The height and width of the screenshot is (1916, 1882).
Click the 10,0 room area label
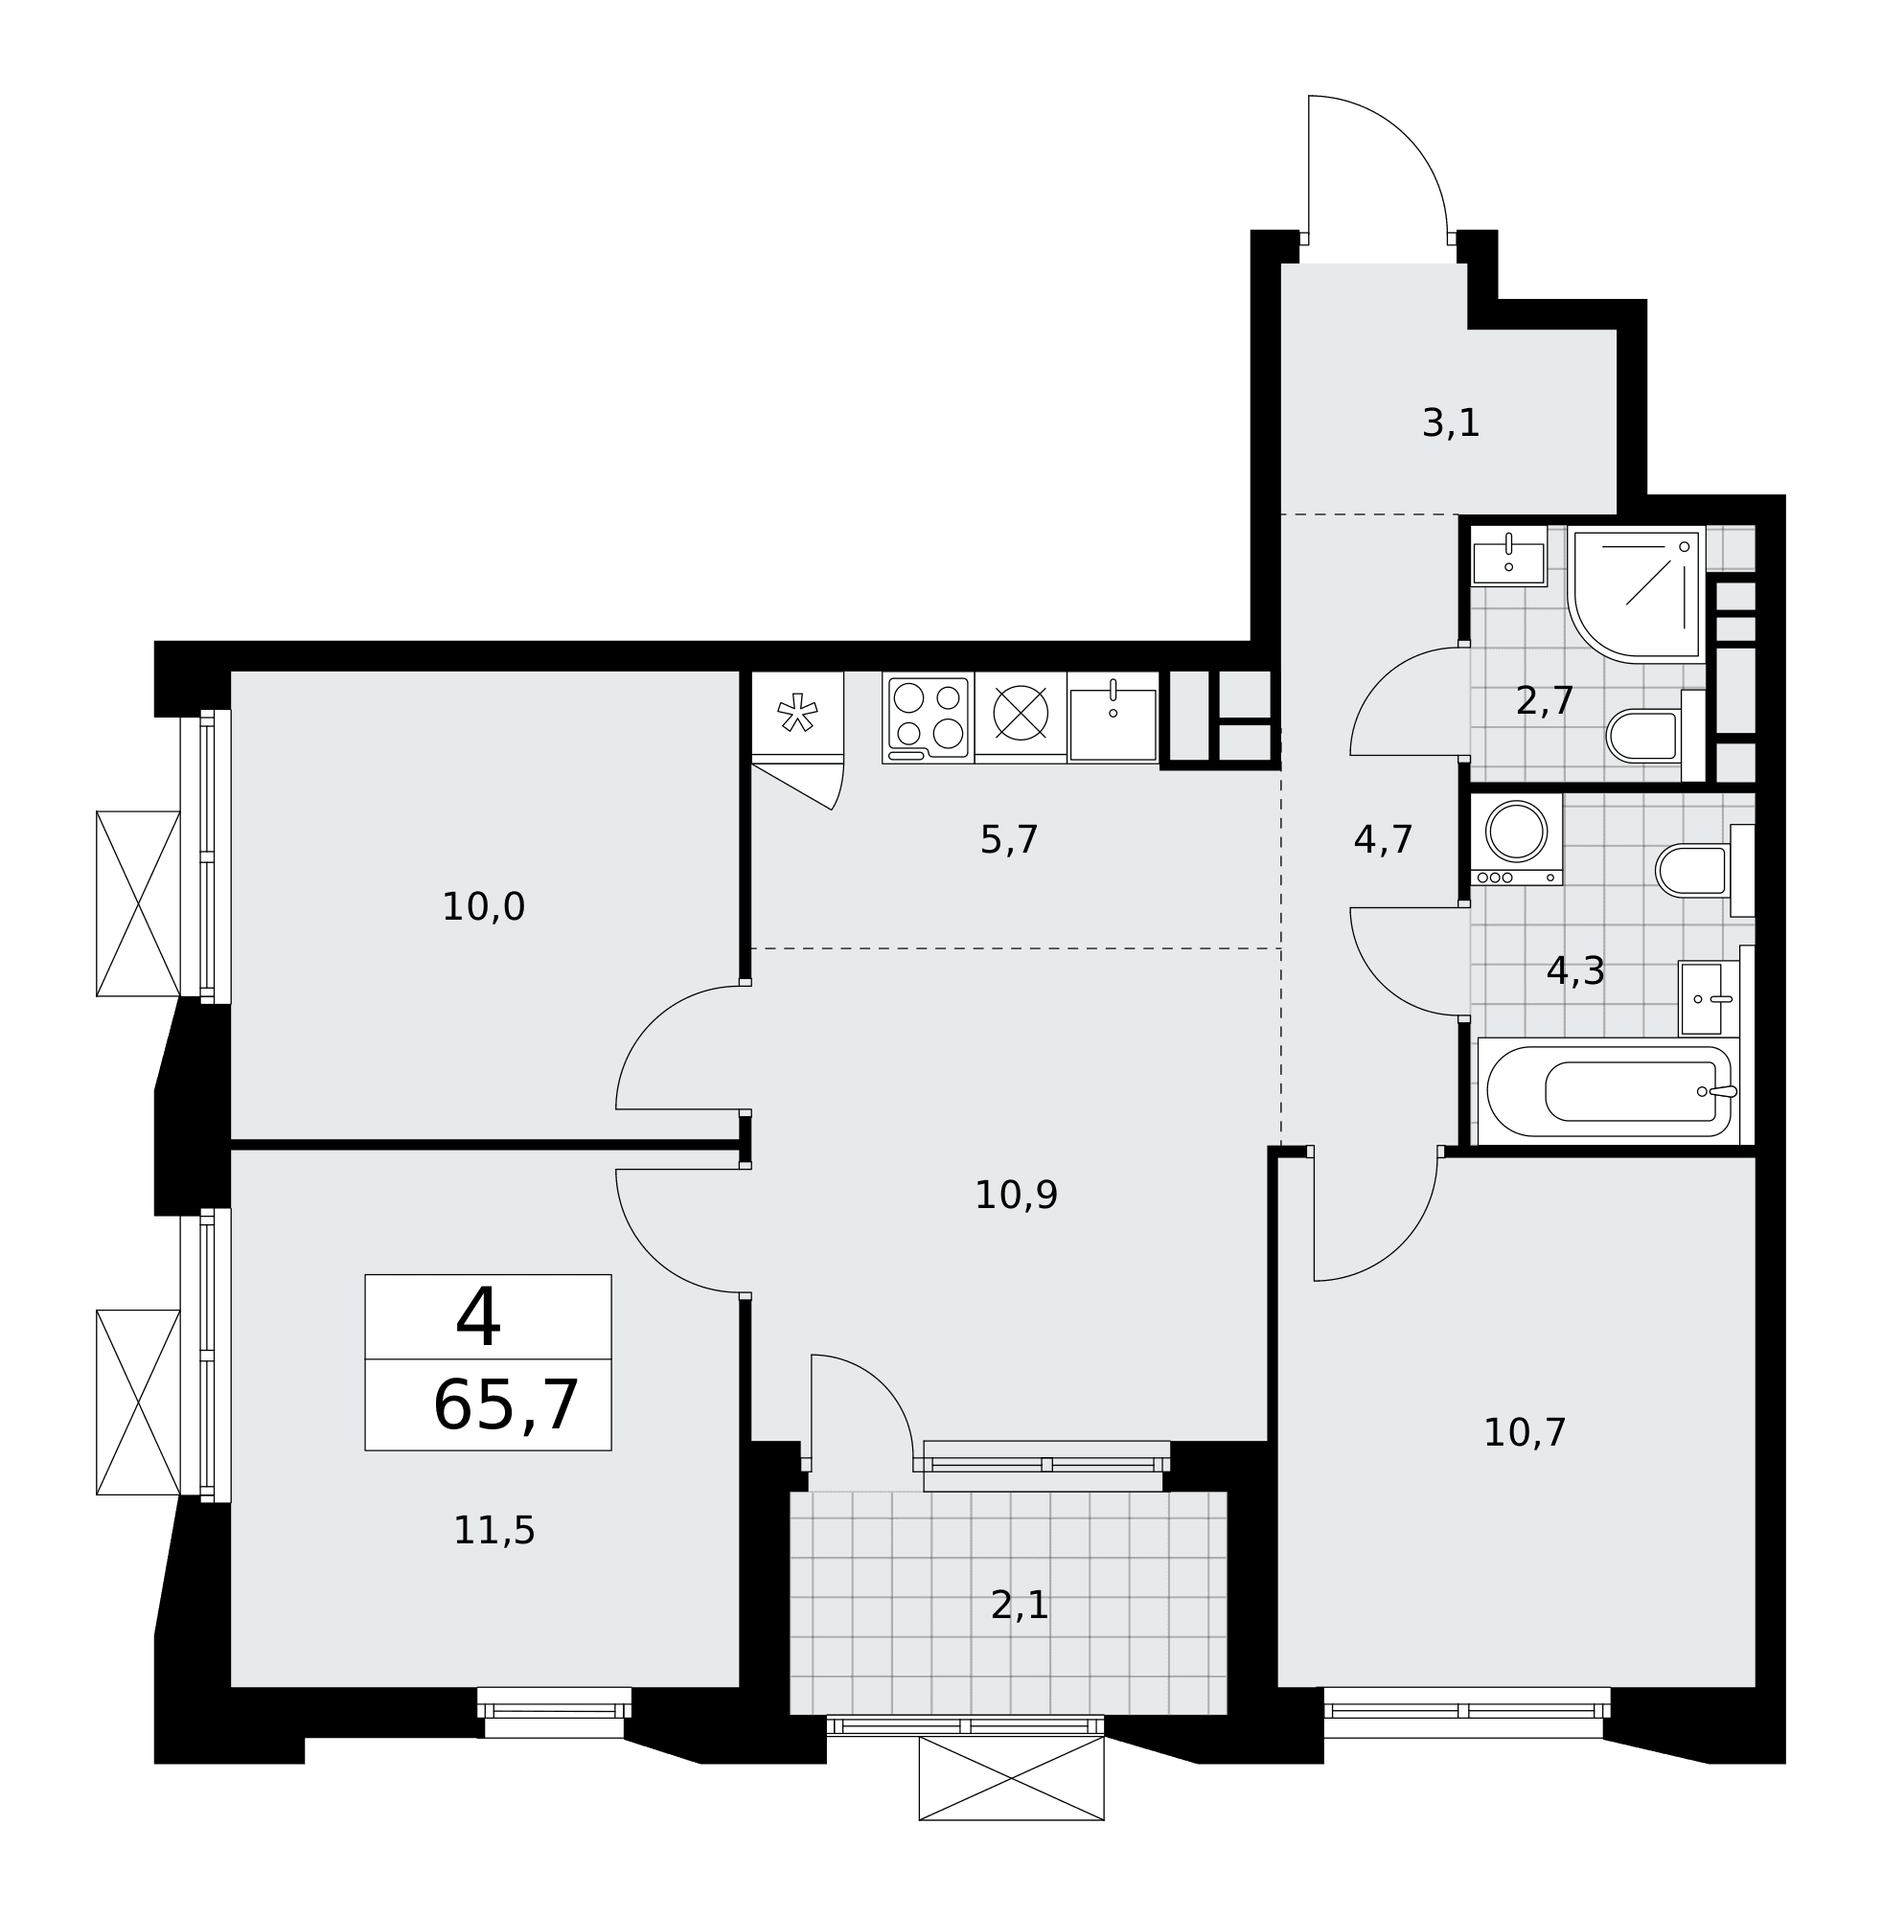482,907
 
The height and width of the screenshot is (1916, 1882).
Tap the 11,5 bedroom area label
493,1531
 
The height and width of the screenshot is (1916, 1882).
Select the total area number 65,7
505,1405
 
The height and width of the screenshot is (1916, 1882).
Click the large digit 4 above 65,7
477,1317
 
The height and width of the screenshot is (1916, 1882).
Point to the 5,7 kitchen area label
1008,840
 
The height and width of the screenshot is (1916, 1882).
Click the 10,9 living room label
1015,1196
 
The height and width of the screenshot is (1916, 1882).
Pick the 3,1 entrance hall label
1450,422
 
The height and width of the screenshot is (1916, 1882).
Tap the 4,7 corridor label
1383,840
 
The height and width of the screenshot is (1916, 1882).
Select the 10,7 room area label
1525,1433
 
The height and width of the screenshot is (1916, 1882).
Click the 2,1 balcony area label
1019,1606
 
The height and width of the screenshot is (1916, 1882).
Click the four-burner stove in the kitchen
929,718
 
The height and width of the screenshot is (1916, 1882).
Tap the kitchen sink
1113,718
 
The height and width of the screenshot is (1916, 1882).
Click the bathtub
1608,1092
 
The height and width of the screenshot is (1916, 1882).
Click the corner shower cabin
1636,594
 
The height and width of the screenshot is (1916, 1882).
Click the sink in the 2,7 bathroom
1508,557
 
